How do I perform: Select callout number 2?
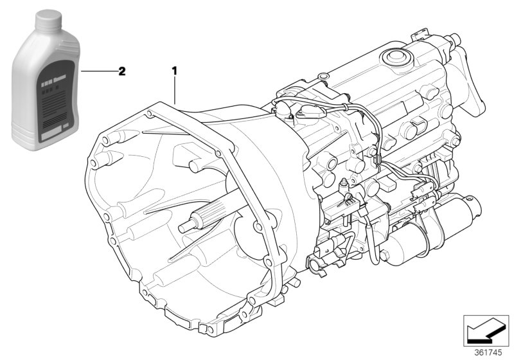(x=121, y=71)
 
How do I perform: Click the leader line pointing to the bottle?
(x=96, y=71)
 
